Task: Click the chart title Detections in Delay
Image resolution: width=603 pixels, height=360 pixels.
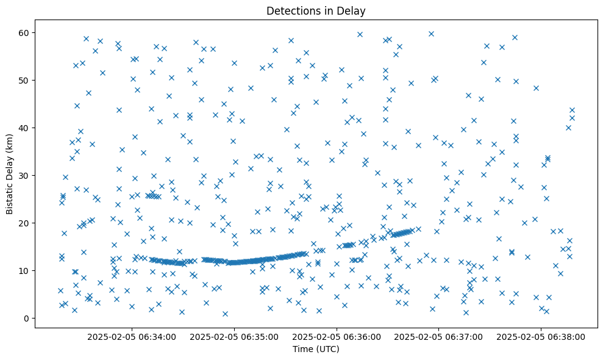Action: tap(316, 10)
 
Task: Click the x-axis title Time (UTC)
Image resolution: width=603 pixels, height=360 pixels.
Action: tap(316, 350)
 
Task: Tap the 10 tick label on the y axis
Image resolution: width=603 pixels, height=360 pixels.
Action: tap(26, 271)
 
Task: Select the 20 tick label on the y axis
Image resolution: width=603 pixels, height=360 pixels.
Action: tap(26, 223)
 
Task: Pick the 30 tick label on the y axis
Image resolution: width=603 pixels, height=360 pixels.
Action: tap(26, 176)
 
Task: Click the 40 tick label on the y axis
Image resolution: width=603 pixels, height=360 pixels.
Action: tap(26, 128)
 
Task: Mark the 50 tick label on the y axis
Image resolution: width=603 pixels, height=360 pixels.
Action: tap(26, 81)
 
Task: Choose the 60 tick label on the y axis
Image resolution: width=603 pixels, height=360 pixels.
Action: tap(26, 33)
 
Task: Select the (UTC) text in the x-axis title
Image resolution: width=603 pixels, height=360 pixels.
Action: tap(327, 350)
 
